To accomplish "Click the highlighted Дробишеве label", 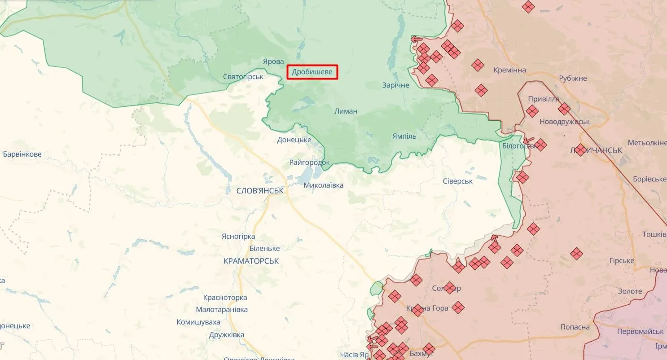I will pyautogui.click(x=312, y=72).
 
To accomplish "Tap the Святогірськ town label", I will pyautogui.click(x=243, y=77).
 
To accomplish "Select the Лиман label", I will pyautogui.click(x=346, y=111).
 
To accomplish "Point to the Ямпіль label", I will pyautogui.click(x=404, y=136).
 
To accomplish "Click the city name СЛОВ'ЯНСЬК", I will pyautogui.click(x=260, y=191).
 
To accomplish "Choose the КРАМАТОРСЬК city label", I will pyautogui.click(x=251, y=261).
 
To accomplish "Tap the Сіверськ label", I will pyautogui.click(x=458, y=181).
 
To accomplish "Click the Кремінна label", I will pyautogui.click(x=509, y=70).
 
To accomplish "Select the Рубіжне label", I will pyautogui.click(x=573, y=79).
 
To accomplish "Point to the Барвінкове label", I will pyautogui.click(x=22, y=154).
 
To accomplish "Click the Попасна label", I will pyautogui.click(x=575, y=327).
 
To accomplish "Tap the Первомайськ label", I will pyautogui.click(x=640, y=331).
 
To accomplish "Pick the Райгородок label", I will pyautogui.click(x=309, y=162).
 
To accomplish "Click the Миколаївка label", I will pyautogui.click(x=323, y=185).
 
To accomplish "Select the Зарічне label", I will pyautogui.click(x=395, y=85).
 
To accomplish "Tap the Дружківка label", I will pyautogui.click(x=227, y=335).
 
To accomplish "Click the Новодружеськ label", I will pyautogui.click(x=564, y=122).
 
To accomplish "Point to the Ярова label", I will pyautogui.click(x=273, y=61).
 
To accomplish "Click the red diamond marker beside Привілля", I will pyautogui.click(x=532, y=111).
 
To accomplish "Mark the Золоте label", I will pyautogui.click(x=630, y=291).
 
